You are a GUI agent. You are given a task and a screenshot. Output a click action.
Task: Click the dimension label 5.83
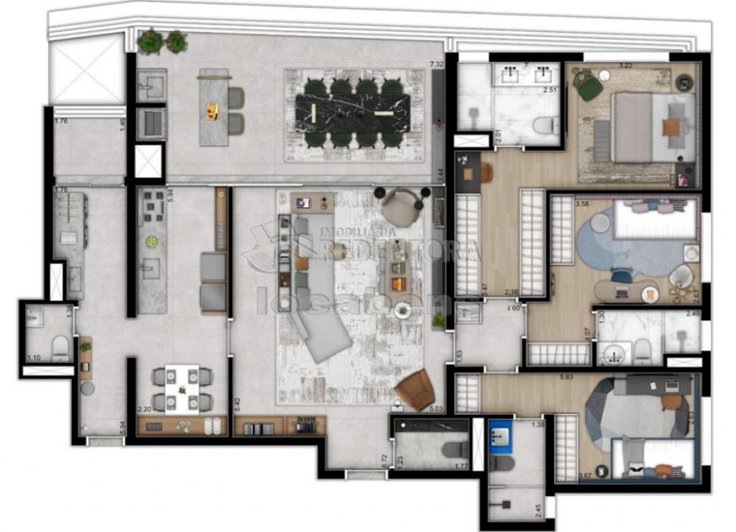(x=567, y=376)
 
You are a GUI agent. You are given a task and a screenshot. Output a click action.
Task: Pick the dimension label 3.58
(x=583, y=204)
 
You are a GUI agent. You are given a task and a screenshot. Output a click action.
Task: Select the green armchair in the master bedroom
(x=588, y=85)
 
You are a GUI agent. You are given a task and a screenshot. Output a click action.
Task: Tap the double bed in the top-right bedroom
(x=644, y=127)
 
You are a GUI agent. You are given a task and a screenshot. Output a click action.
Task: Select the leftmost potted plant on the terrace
(x=150, y=42)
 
